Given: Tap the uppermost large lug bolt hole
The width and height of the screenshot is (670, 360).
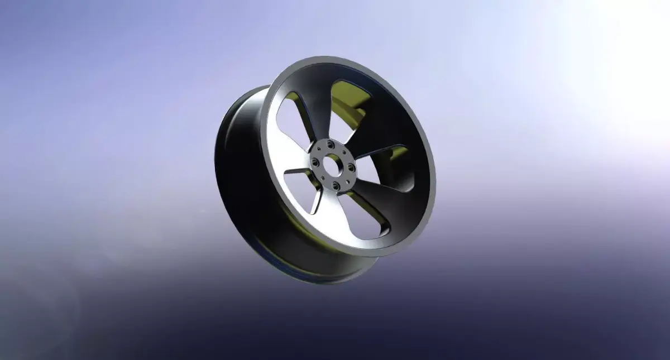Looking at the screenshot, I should click(331, 145).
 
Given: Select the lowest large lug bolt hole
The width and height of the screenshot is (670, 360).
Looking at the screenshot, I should click(336, 186).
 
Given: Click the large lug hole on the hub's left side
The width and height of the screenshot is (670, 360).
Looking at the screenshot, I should click(315, 162).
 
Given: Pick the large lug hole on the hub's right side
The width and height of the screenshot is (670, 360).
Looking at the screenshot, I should click(351, 167).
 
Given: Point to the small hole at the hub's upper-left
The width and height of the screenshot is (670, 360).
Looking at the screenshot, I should click(319, 148).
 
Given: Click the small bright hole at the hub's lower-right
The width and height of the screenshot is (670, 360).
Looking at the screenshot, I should click(348, 182).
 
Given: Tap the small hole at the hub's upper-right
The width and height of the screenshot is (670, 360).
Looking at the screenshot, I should click(344, 152).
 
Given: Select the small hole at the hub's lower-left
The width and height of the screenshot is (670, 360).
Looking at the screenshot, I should click(323, 178).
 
